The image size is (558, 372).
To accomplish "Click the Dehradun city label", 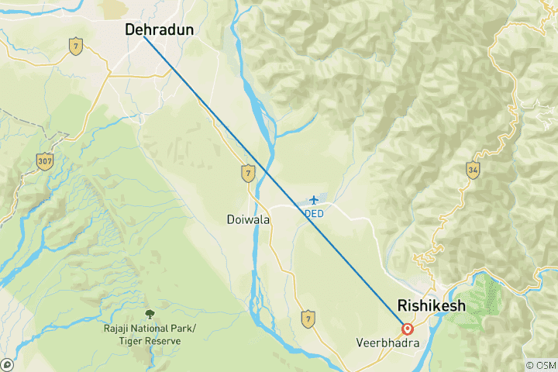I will coord(160,29).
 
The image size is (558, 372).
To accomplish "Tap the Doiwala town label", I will coord(249,219).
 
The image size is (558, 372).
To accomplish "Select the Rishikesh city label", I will coord(431,305).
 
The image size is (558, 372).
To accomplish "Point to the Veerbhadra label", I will coord(381,342).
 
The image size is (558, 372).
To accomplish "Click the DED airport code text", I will coord(313,213).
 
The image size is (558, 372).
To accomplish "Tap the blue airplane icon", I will coord(313,201).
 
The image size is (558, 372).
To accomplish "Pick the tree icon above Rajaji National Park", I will coord(150,314).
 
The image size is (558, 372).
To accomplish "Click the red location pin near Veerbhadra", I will coord(407,328).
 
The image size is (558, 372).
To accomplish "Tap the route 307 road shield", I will coord(44,161).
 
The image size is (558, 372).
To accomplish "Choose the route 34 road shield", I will coord(473,169).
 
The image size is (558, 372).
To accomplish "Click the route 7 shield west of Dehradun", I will coord(75,46).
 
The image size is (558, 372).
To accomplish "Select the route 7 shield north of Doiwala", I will coord(247,171).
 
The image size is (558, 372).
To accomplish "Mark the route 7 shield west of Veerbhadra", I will coord(308,317).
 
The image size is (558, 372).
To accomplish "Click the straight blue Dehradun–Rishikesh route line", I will coord(271,178).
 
